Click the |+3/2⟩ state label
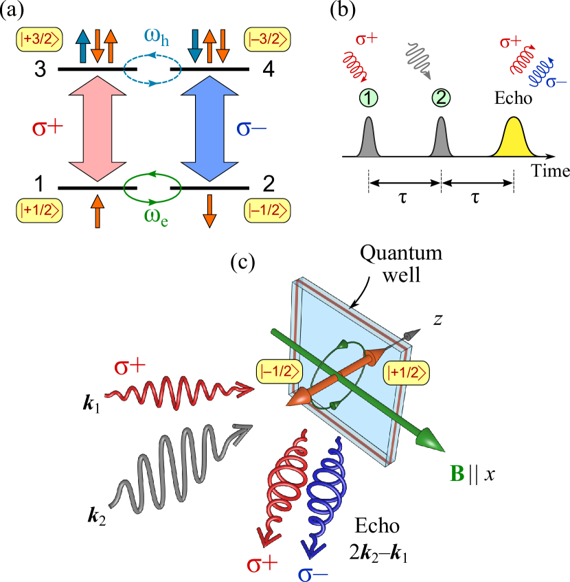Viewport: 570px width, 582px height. point(39,40)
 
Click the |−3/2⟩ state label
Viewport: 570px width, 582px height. point(267,40)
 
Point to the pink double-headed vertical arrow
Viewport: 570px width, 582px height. point(98,128)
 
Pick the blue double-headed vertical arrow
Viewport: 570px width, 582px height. point(209,128)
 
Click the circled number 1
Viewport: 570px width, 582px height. point(369,98)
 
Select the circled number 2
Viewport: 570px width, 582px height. point(441,98)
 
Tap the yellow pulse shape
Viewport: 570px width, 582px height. point(514,139)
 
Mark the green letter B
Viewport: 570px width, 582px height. point(455,473)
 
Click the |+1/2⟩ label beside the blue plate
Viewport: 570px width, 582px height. point(407,372)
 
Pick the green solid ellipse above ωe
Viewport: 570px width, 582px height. point(152,188)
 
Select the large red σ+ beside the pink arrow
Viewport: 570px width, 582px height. point(48,128)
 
